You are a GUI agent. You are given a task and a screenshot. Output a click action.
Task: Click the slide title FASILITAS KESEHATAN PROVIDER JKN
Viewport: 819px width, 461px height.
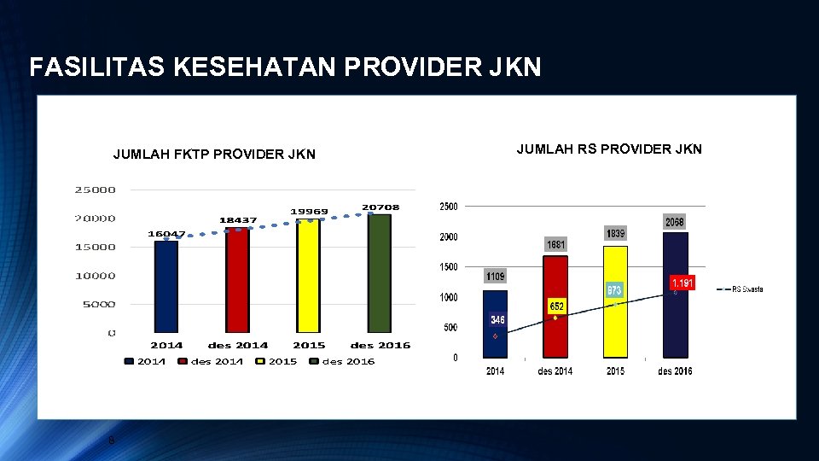click(x=285, y=67)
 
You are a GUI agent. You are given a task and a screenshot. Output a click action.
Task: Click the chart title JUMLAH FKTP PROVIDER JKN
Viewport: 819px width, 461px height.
click(x=214, y=155)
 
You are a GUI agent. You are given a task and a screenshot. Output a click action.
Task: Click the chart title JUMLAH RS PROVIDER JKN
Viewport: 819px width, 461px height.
click(x=609, y=149)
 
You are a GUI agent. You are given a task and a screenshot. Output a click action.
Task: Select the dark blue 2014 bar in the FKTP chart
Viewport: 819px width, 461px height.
click(x=166, y=287)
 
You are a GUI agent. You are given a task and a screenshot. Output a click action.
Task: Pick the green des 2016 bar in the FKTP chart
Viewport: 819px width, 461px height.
click(x=380, y=273)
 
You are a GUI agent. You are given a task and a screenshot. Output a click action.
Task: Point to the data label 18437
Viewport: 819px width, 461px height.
click(x=238, y=220)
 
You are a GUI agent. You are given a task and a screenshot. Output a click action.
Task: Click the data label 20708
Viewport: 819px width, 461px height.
click(x=380, y=207)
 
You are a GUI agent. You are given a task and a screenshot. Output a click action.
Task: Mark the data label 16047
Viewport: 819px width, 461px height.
click(x=166, y=233)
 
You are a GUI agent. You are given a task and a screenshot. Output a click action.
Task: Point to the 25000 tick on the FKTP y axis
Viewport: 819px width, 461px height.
click(x=96, y=190)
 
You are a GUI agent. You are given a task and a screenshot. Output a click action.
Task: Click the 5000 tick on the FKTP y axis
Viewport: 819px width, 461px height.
click(x=99, y=304)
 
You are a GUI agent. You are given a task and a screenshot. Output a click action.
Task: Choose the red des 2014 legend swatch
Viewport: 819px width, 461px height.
click(x=183, y=361)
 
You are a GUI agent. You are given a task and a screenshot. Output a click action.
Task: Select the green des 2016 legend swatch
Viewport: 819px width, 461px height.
click(x=314, y=361)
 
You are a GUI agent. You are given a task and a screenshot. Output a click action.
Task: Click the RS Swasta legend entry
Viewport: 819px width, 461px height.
click(x=747, y=289)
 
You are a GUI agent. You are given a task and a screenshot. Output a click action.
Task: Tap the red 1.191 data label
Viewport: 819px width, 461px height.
click(x=682, y=283)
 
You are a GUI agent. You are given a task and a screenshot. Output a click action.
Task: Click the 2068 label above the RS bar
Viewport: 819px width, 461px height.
click(x=675, y=222)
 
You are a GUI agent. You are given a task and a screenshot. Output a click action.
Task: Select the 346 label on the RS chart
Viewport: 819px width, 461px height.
click(x=497, y=319)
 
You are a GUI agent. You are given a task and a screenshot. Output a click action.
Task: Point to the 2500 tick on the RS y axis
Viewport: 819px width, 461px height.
click(x=448, y=207)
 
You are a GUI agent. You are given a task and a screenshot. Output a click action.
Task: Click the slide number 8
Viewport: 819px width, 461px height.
click(x=111, y=441)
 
